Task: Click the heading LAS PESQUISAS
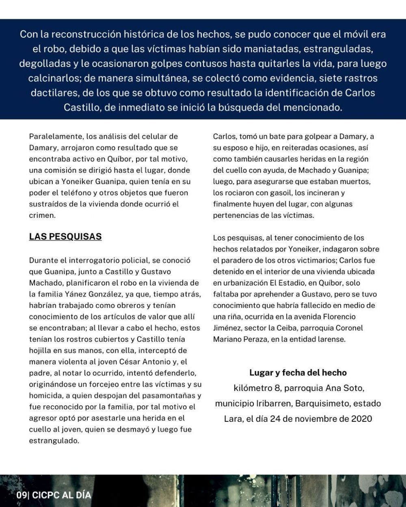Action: tap(65, 236)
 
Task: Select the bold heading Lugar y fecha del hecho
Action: tap(298, 372)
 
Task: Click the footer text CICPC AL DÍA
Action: tap(62, 495)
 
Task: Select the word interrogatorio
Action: tap(92, 260)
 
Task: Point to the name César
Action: tap(130, 361)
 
